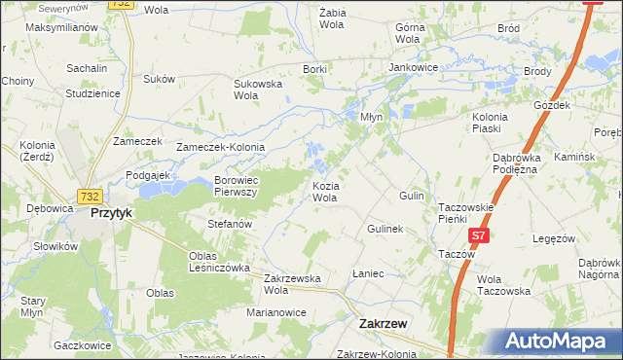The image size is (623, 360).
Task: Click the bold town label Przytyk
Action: coord(110,212)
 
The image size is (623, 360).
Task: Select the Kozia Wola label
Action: coord(324,191)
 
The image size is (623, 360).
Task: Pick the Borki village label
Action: coord(313,69)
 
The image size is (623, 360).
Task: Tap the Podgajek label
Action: coord(148,175)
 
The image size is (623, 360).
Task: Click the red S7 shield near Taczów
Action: coord(478,236)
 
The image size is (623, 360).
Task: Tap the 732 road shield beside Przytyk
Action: coord(91,195)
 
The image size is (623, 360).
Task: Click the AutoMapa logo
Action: coord(558,342)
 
